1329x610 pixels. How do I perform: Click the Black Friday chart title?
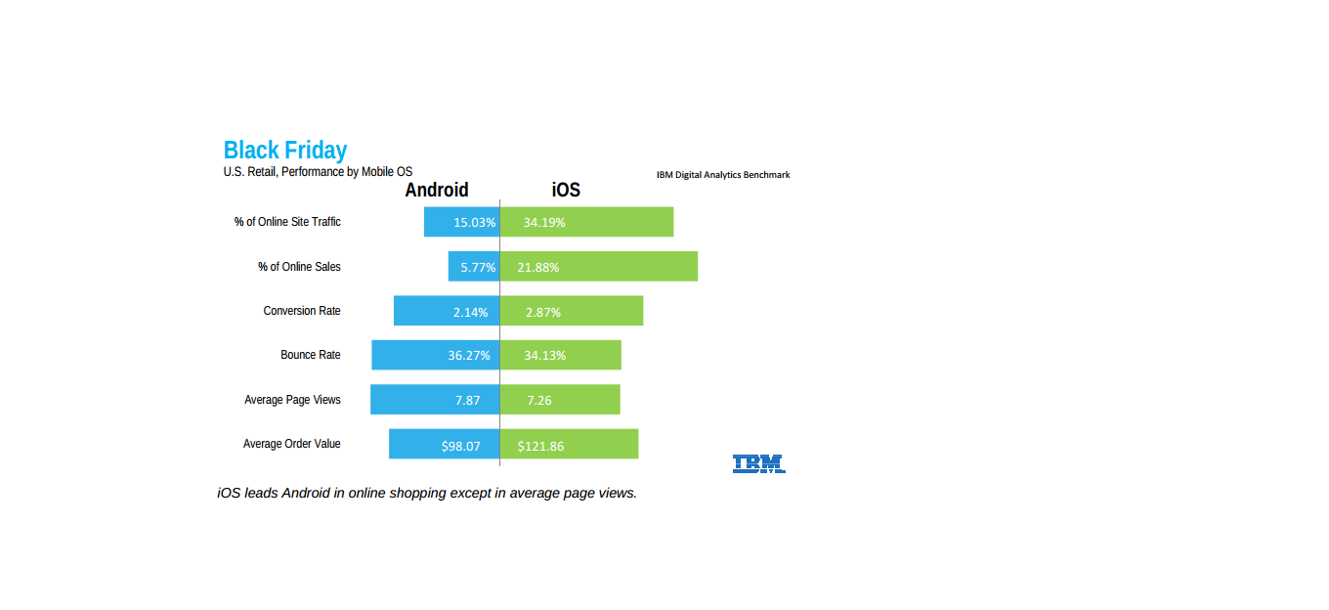click(284, 150)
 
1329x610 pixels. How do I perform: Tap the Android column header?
click(437, 190)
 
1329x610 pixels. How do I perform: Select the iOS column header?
click(566, 190)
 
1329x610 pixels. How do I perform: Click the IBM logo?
click(759, 464)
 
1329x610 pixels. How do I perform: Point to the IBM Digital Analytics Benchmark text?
click(723, 175)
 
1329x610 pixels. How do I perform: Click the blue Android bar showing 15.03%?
click(461, 222)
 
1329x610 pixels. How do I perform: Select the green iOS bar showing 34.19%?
click(586, 222)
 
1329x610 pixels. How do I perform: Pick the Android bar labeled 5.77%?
click(474, 267)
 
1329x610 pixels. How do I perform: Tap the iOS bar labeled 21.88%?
click(599, 267)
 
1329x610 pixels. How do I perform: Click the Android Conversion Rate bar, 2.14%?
click(447, 311)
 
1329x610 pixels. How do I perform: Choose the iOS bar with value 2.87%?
click(572, 311)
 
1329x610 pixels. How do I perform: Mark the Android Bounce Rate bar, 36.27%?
click(436, 355)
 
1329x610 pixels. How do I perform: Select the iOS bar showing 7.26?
click(560, 400)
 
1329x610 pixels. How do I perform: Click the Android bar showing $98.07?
click(444, 444)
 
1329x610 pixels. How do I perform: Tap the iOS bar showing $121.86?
click(569, 444)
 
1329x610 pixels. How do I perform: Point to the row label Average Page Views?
click(292, 400)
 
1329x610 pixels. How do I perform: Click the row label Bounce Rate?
click(311, 355)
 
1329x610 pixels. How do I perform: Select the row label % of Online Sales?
click(299, 267)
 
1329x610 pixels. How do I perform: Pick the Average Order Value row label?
click(292, 444)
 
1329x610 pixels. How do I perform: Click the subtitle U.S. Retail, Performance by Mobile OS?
click(318, 172)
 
